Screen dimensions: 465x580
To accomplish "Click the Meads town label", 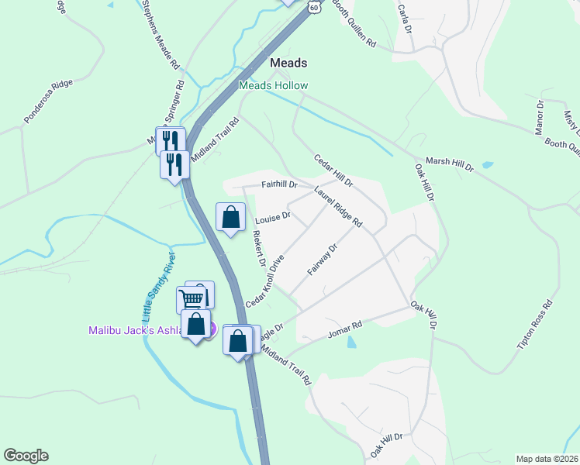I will pos(288,63).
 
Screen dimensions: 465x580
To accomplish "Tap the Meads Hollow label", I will pos(273,85).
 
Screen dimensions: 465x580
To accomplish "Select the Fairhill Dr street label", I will pos(279,184).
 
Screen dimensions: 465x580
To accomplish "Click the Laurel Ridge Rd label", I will pos(338,205).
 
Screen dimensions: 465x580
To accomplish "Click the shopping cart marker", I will pos(192,298).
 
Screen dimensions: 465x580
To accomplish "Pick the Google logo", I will pos(26,456).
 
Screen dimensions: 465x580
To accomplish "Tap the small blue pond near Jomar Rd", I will pos(354,341).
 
